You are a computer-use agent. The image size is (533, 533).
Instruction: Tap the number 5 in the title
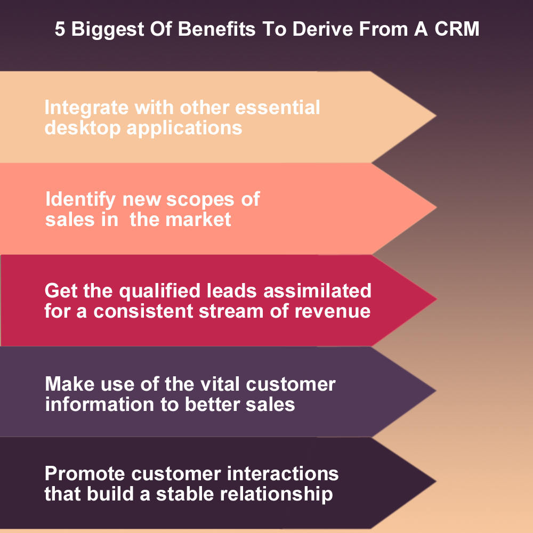point(60,30)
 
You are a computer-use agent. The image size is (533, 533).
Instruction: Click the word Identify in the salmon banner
point(80,200)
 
